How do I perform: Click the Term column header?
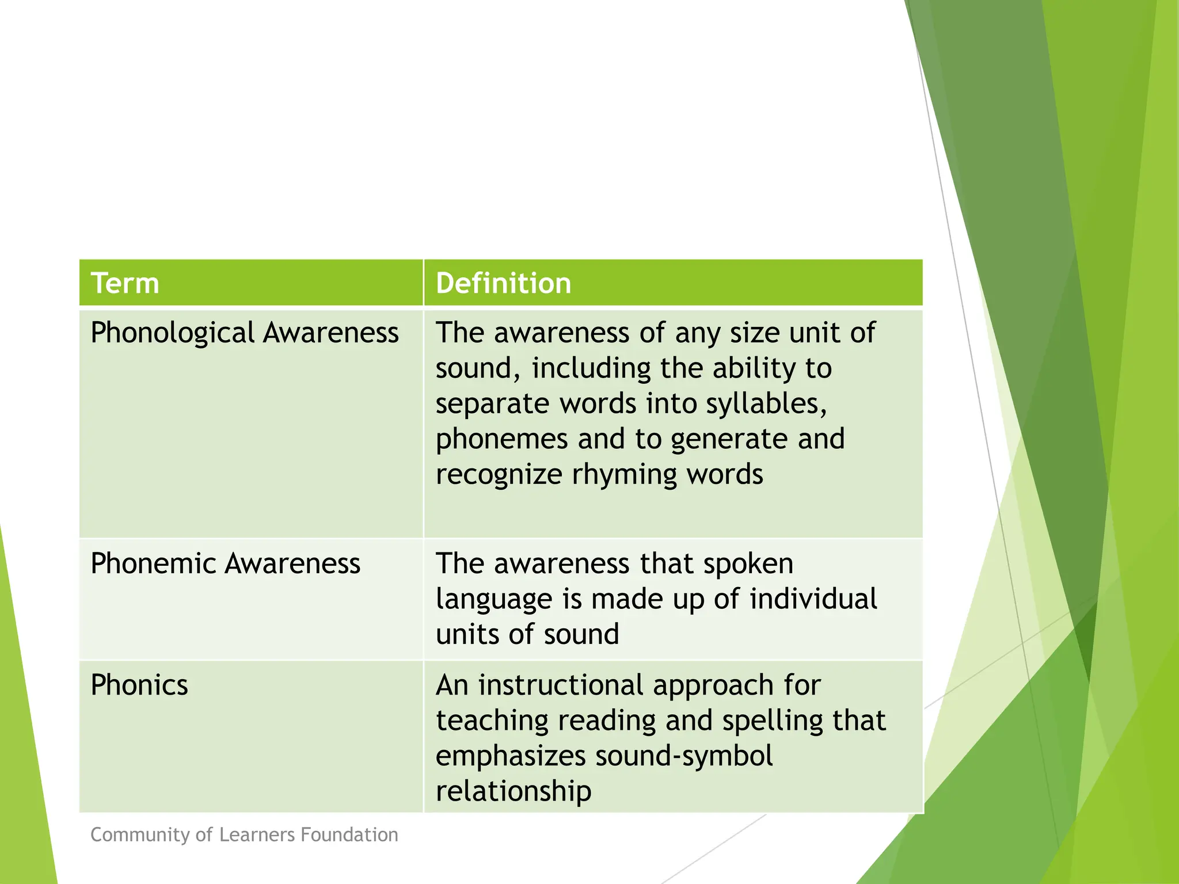(125, 283)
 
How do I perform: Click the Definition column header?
(503, 283)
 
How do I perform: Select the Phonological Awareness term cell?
(245, 333)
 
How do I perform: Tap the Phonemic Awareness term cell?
(225, 563)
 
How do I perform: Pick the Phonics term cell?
(139, 685)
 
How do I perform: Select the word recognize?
(499, 475)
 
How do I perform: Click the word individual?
(813, 599)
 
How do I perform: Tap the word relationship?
(514, 791)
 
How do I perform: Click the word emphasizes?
(510, 756)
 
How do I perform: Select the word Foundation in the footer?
(349, 835)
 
